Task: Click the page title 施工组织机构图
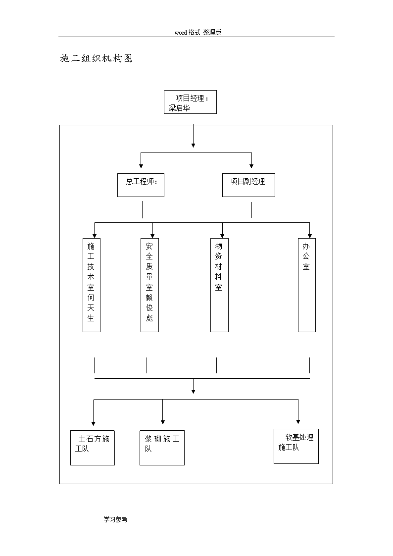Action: (97, 58)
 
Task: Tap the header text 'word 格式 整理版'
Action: (198, 32)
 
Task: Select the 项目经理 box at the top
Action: (190, 102)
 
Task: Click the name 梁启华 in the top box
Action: (179, 108)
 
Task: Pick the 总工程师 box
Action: (141, 185)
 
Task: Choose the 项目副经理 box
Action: (249, 185)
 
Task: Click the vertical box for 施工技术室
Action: (92, 285)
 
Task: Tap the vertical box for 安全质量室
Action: (149, 285)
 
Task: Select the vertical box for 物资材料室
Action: (219, 285)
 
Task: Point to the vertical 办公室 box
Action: (307, 285)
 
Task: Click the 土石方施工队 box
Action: (93, 448)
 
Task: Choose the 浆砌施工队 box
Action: (162, 448)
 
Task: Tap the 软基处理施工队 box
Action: (296, 447)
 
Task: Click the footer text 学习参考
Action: (115, 519)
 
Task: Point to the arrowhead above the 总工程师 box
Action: (141, 166)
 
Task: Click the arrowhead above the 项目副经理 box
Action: (251, 166)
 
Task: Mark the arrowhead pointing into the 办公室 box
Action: (310, 236)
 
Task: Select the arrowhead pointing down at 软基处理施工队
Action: (298, 422)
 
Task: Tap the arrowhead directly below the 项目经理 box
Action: (193, 145)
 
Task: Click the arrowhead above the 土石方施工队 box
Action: (94, 423)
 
